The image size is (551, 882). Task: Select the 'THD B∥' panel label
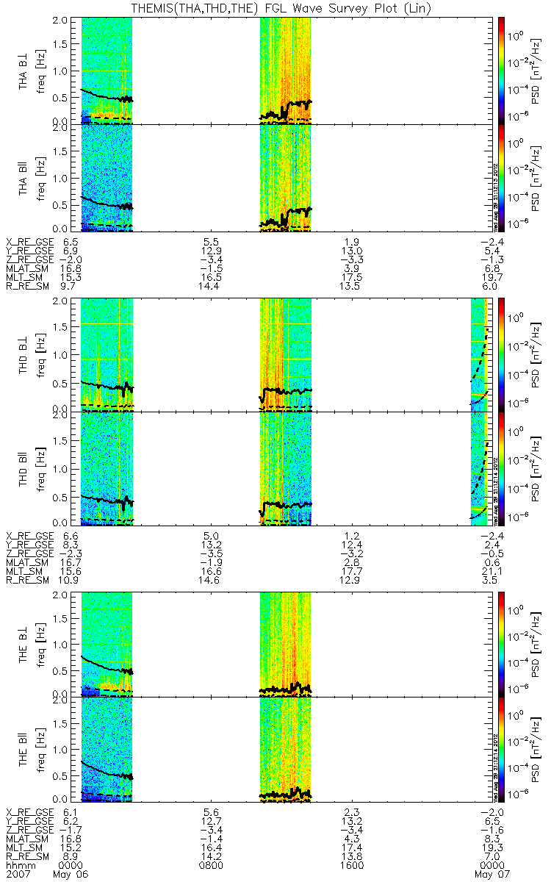pyautogui.click(x=24, y=467)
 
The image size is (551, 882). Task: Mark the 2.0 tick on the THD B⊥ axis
pyautogui.click(x=68, y=302)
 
